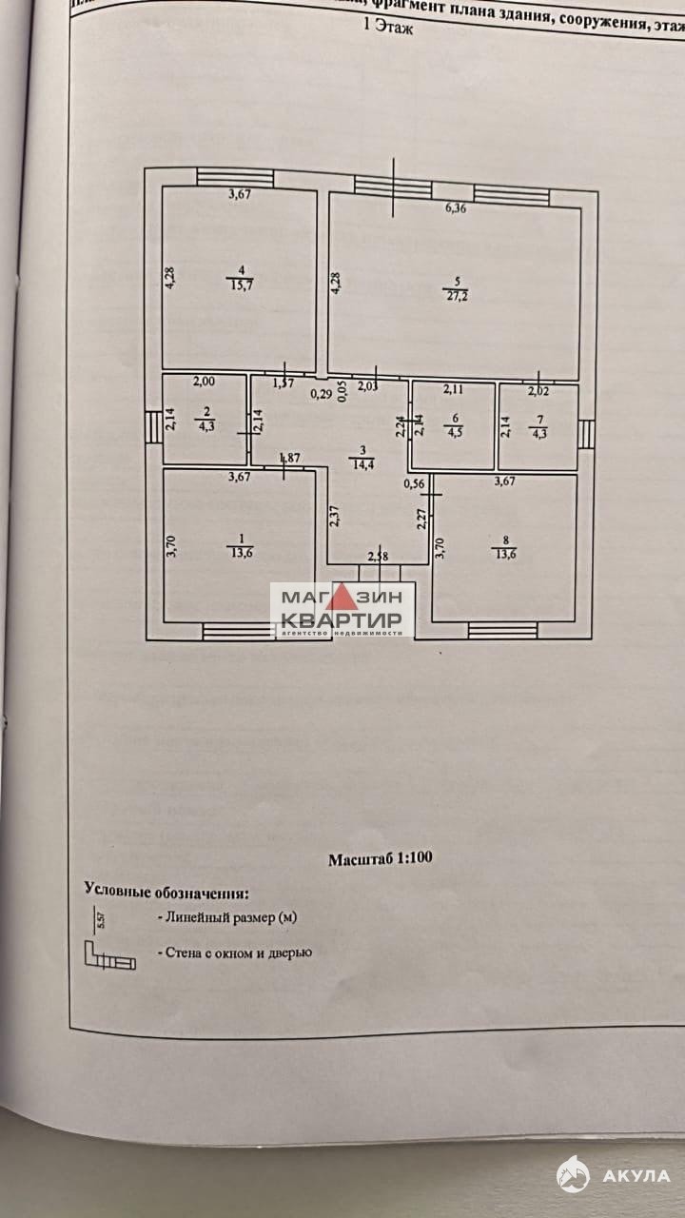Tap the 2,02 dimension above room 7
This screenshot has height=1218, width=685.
tap(539, 389)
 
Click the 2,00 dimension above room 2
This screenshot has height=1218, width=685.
tap(204, 382)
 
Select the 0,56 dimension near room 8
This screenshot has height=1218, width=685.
tap(413, 483)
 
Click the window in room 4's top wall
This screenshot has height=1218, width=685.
tap(235, 178)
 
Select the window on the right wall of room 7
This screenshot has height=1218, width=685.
tap(587, 434)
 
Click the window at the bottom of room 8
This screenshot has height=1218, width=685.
tap(502, 630)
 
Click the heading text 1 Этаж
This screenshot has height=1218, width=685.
tap(389, 29)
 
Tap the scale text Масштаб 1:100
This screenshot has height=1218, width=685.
tap(380, 858)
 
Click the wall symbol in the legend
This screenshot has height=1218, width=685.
tap(109, 955)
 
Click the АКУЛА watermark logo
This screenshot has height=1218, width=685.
tap(613, 1175)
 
